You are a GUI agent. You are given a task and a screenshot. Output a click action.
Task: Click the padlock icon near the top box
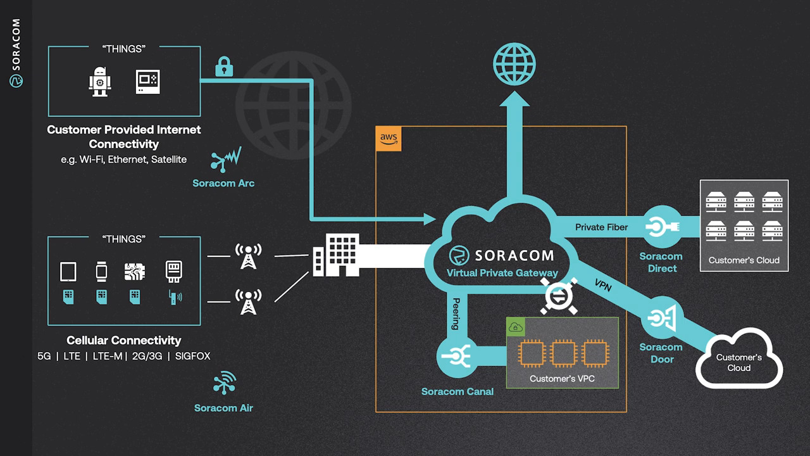pyautogui.click(x=224, y=66)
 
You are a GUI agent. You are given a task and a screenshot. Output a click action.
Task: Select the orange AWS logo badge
pyautogui.click(x=389, y=139)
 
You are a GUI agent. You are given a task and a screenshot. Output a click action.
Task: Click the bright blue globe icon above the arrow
pyautogui.click(x=514, y=64)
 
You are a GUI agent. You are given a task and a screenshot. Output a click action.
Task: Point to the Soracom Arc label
pyautogui.click(x=223, y=183)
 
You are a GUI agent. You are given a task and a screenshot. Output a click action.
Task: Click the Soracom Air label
pyautogui.click(x=223, y=408)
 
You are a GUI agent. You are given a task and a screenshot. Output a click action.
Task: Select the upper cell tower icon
pyautogui.click(x=247, y=256)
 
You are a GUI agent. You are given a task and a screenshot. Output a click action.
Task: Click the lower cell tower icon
pyautogui.click(x=247, y=301)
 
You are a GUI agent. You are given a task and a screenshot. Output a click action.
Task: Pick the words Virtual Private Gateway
pyautogui.click(x=502, y=273)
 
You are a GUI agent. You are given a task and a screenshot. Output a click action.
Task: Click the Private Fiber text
pyautogui.click(x=601, y=227)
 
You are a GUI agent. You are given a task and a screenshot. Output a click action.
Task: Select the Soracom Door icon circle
pyautogui.click(x=661, y=317)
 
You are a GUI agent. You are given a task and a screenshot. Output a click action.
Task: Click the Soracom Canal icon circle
pyautogui.click(x=458, y=357)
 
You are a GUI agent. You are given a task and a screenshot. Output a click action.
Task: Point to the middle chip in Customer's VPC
pyautogui.click(x=563, y=353)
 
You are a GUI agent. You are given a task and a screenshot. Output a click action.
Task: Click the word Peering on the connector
pyautogui.click(x=454, y=313)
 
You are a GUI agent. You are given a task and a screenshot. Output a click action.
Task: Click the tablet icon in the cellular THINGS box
pyautogui.click(x=68, y=272)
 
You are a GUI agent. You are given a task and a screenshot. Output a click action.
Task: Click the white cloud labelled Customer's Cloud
pyautogui.click(x=738, y=360)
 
